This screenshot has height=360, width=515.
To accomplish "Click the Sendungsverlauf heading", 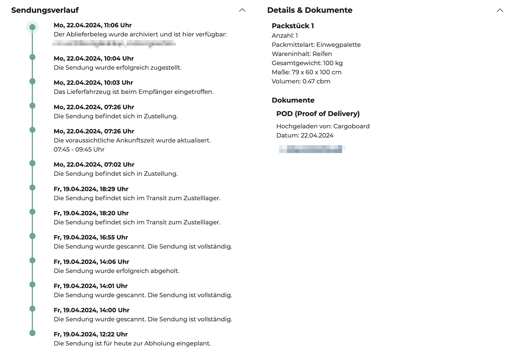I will coord(45,10).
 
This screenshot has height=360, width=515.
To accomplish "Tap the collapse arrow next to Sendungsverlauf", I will coord(242,10).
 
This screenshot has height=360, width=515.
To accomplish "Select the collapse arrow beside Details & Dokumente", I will coord(500,10).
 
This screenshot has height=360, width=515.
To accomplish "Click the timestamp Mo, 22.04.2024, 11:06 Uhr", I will coord(92,25).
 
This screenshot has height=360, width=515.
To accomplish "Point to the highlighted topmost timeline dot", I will coord(33,27).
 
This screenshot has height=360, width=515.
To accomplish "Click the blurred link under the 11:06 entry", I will coord(114,43).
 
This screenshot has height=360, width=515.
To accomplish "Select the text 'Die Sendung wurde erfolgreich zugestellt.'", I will coord(118,68).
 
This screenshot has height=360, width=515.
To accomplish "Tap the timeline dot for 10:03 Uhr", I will coord(33,81).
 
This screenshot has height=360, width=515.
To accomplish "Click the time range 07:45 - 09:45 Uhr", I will coord(79,150).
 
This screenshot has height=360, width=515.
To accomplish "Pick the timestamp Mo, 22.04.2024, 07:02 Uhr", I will coord(94,164).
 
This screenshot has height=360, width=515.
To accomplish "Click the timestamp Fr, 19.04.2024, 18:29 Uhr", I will coord(91,189).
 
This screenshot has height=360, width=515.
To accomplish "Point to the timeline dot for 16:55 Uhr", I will coord(33,236).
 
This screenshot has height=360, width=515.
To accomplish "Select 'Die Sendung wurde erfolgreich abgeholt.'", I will coord(116,271).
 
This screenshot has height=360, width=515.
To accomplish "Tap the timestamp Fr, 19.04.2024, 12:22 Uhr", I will coord(90,334).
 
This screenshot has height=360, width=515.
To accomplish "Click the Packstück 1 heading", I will coord(292,26).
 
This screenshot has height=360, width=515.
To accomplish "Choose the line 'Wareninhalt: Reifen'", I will coord(302,54).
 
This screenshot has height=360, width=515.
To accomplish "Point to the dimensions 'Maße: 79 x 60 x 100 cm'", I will coord(306,72).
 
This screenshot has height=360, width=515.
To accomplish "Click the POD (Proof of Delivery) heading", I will coord(318,114).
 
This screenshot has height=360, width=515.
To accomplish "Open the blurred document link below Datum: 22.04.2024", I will coord(312,149).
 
